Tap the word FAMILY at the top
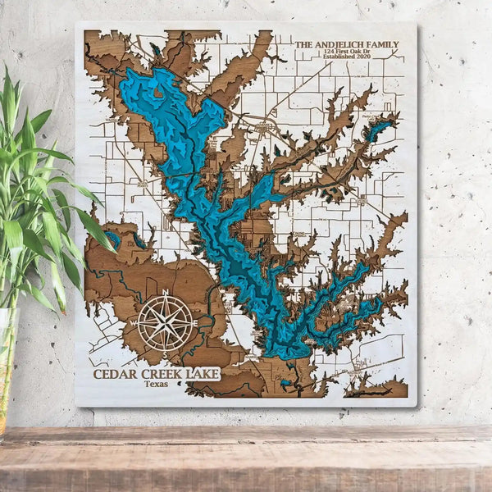click(385, 44)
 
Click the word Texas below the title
click(156, 384)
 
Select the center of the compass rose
click(166, 322)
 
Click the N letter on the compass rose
click(166, 293)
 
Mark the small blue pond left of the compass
click(112, 239)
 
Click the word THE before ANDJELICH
click(303, 44)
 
